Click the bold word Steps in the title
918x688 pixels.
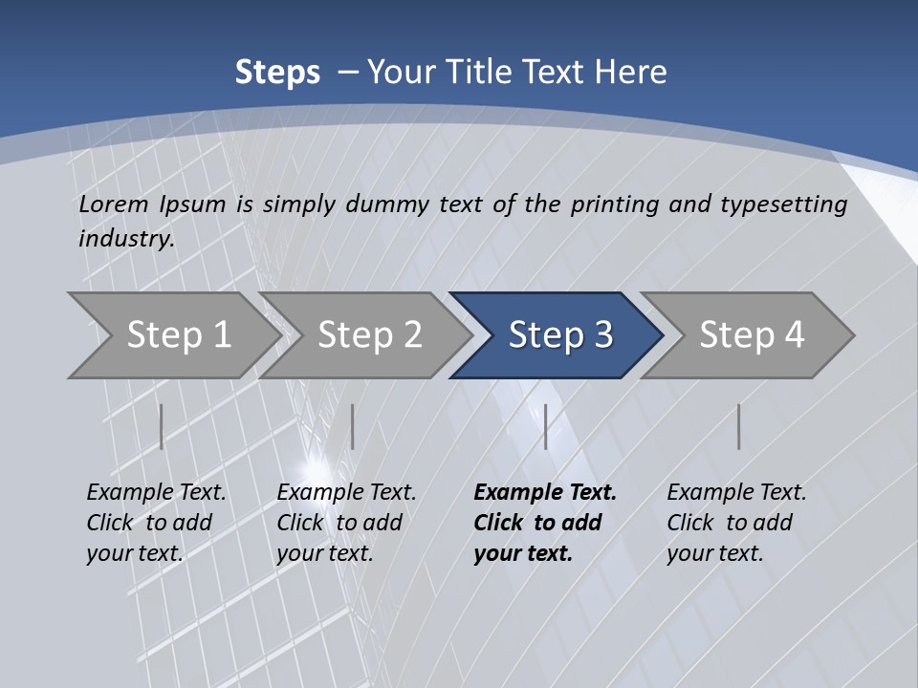tap(277, 73)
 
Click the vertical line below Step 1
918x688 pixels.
tap(162, 426)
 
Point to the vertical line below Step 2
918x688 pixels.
tap(353, 426)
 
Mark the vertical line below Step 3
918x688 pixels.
tap(545, 426)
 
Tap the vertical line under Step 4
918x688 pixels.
tap(738, 426)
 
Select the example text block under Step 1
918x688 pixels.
tap(156, 522)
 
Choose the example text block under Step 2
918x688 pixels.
tap(346, 522)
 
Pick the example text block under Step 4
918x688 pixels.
tap(736, 522)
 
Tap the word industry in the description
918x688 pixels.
tap(126, 239)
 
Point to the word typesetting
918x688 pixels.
tap(783, 204)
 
